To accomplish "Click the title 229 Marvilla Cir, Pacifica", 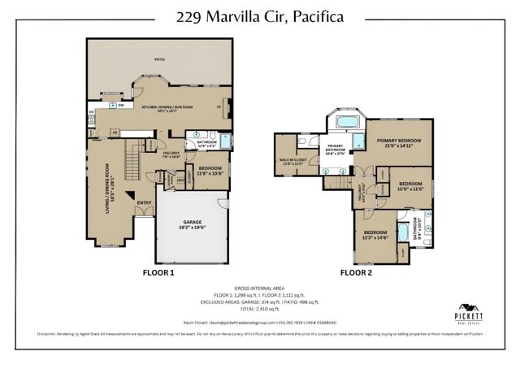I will [260, 16].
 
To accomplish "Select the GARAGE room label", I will [192, 222].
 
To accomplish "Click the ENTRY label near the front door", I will [144, 203].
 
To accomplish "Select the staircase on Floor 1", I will [129, 158].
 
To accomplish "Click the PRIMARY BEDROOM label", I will [398, 142].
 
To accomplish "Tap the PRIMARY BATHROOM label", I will [336, 150].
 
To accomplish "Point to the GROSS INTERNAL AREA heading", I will [260, 289].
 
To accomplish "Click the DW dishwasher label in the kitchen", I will [120, 105].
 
